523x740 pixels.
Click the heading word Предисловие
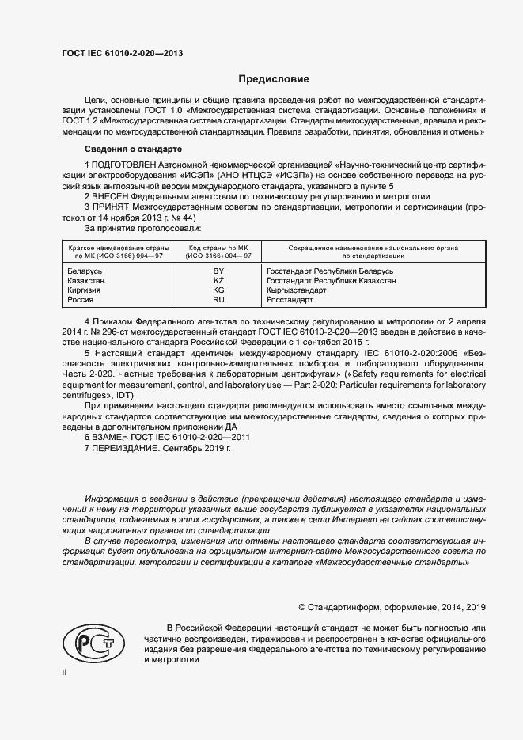(275, 79)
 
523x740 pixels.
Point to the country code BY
(219, 271)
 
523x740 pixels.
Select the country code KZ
(219, 281)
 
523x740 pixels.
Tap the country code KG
(219, 290)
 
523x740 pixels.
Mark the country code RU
(219, 300)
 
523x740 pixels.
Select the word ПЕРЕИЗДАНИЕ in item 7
(126, 448)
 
